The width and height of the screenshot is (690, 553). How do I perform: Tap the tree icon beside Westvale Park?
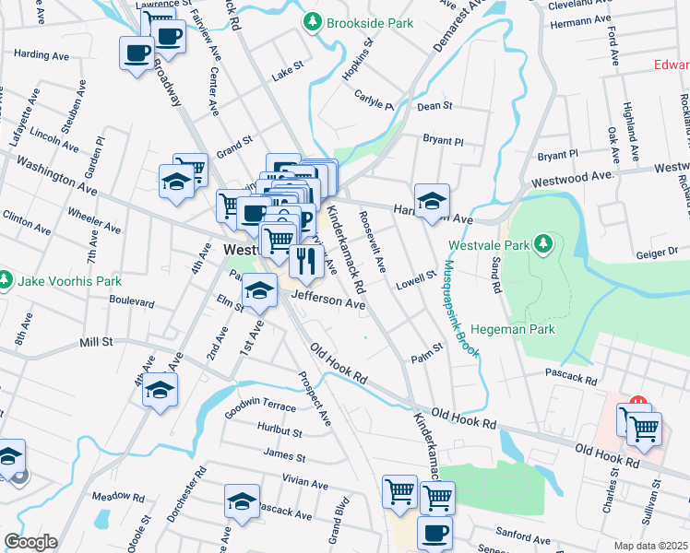coord(543,244)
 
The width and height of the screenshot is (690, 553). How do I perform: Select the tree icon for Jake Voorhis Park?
coord(6,278)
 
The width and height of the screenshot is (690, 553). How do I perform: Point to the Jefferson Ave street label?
coord(329,302)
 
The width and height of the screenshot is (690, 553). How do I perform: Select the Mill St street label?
coord(95,341)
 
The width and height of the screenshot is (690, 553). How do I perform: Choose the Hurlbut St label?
coord(280,430)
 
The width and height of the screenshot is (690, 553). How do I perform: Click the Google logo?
coord(30,542)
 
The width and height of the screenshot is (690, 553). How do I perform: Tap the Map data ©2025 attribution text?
coord(650,546)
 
